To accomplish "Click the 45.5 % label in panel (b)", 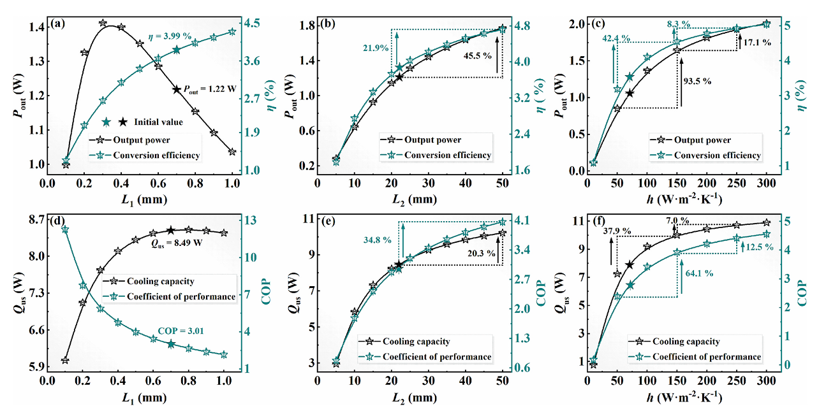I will [478, 55].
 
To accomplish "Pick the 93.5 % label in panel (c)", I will [697, 81].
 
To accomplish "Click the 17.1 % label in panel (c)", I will [758, 42].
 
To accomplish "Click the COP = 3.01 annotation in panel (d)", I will [182, 331].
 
